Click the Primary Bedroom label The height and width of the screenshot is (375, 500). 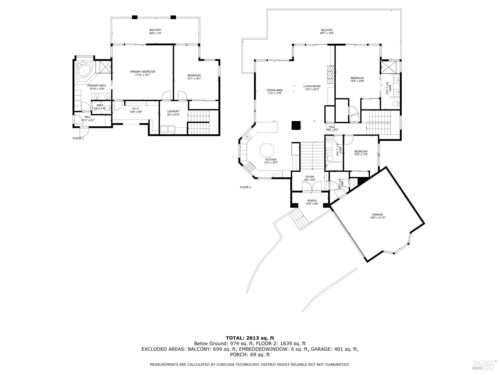pos(142,72)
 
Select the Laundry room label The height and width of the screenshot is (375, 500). pos(173,111)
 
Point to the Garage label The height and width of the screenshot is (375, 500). pos(377,215)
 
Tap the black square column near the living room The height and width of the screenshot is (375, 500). pos(296,125)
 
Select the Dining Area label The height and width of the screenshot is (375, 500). pos(275,90)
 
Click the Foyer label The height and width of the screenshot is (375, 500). pos(310,177)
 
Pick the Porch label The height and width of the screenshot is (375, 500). pos(312,201)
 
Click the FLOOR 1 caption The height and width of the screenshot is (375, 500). pos(78,138)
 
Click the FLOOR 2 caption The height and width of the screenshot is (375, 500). pos(245,187)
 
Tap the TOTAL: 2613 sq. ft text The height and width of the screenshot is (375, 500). pos(250,338)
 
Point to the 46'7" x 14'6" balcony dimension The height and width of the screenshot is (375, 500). pos(327,33)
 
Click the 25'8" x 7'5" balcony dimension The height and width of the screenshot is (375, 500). pos(155,33)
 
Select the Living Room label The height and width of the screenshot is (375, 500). pos(312,86)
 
